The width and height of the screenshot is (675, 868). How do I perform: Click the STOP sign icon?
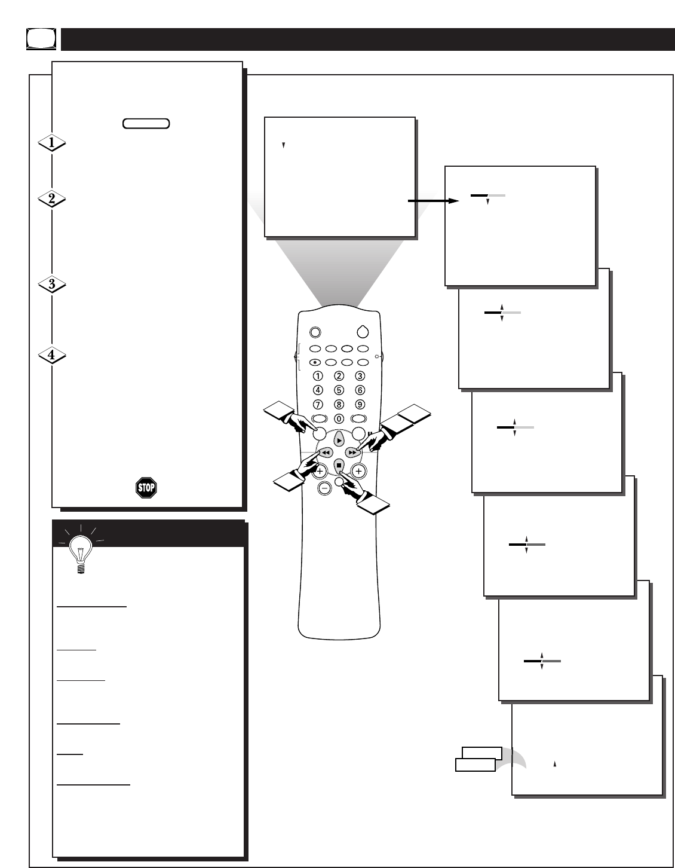click(x=146, y=487)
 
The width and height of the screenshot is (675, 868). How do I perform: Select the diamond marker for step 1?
click(x=51, y=143)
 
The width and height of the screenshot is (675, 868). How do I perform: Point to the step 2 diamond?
click(x=51, y=198)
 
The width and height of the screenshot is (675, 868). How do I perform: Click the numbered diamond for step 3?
click(x=51, y=284)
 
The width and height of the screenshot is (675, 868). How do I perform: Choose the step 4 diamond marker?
click(x=51, y=354)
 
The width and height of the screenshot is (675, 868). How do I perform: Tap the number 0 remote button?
click(x=339, y=418)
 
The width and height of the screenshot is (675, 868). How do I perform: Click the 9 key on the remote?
click(x=360, y=404)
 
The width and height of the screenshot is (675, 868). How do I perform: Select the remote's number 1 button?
click(x=318, y=376)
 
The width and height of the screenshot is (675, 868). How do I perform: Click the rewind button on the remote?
click(x=326, y=453)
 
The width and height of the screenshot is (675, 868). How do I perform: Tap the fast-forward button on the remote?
click(x=352, y=453)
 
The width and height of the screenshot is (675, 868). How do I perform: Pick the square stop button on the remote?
click(x=339, y=466)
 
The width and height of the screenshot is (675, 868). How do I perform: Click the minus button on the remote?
click(x=324, y=488)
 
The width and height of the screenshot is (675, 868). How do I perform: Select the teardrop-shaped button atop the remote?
click(x=363, y=332)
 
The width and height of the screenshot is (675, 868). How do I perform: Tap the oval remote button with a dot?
click(x=315, y=362)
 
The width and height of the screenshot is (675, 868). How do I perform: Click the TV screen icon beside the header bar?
click(x=41, y=39)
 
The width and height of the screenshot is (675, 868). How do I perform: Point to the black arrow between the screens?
click(x=434, y=201)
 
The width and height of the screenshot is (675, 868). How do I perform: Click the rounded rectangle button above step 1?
click(x=146, y=123)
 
